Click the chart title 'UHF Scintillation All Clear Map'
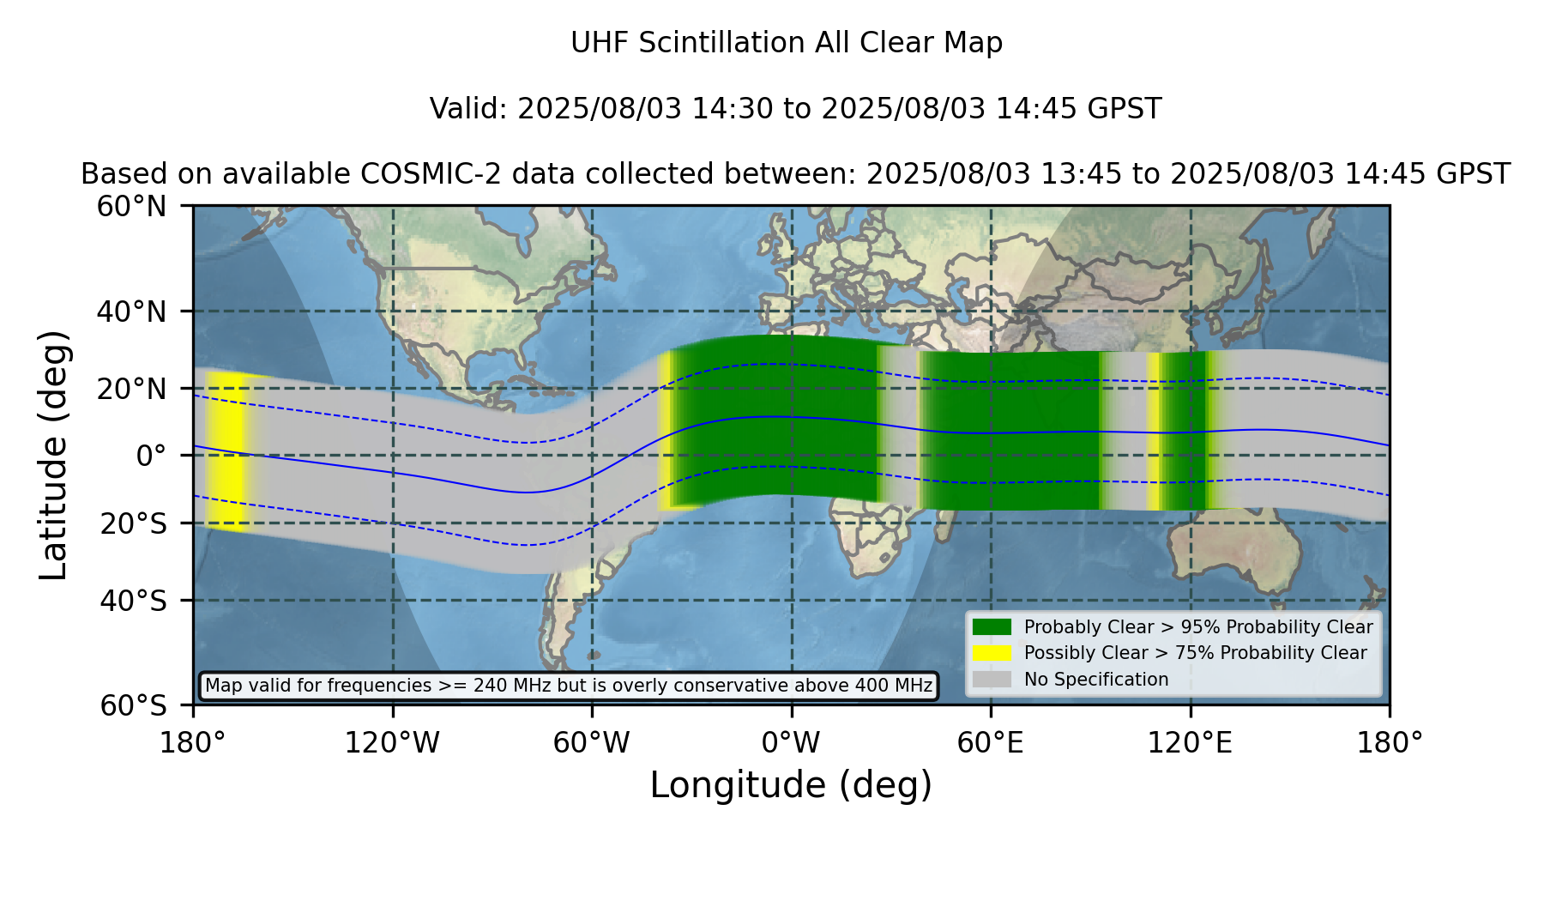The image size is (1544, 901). [787, 43]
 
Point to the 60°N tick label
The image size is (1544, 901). [132, 206]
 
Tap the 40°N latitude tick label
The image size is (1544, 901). [132, 311]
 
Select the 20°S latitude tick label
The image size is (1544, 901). [134, 523]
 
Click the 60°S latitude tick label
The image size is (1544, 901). [134, 705]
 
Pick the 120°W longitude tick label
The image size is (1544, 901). [392, 743]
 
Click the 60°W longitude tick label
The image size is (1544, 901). [592, 743]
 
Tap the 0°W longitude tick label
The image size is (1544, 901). [791, 743]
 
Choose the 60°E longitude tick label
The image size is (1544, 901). [991, 743]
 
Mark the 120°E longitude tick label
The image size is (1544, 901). [1190, 743]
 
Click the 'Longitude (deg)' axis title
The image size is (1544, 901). [791, 785]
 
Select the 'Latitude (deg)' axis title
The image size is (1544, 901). [54, 455]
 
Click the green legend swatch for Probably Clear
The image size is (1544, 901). [992, 627]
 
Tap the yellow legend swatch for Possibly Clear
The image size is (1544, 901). [992, 653]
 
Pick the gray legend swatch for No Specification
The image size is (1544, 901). [992, 680]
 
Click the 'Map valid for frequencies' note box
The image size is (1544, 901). [569, 686]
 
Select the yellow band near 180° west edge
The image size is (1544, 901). [226, 451]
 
